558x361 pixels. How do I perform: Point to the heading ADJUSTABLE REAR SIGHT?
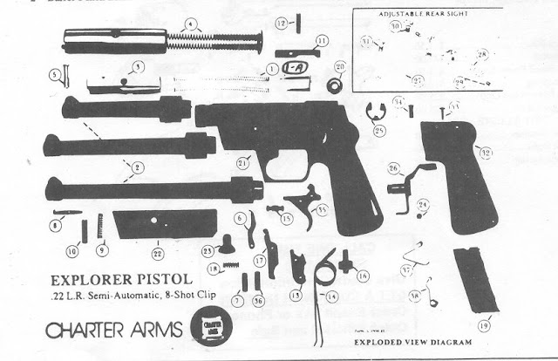(x=421, y=15)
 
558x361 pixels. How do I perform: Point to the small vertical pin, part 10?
(x=85, y=230)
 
